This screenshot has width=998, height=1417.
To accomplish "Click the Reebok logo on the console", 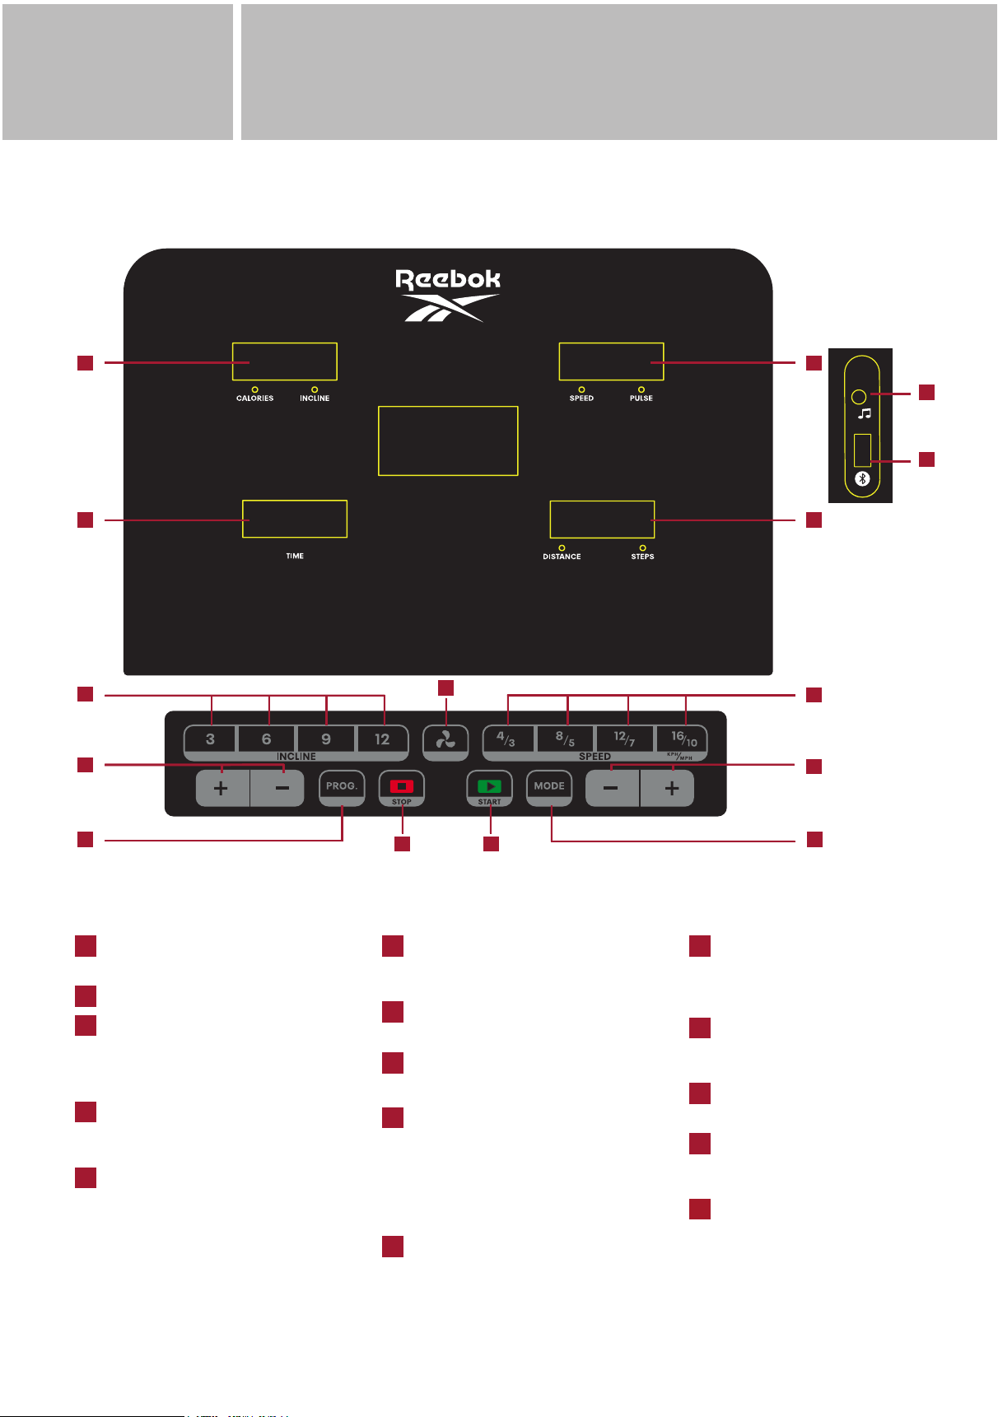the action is (448, 295).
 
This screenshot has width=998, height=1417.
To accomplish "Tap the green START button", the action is (489, 788).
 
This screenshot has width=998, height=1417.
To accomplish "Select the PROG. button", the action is (342, 788).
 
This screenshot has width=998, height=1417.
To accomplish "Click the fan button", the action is (445, 742).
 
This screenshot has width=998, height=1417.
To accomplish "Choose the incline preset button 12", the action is (382, 739).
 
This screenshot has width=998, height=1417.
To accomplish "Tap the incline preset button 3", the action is (210, 739).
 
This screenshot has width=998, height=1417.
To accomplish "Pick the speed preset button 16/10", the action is (683, 739).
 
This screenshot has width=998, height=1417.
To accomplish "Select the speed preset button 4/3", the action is (507, 739).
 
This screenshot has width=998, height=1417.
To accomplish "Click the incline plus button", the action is (222, 789).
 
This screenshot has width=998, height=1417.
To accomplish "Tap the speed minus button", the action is (612, 789).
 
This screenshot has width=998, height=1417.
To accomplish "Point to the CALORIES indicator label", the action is (255, 399).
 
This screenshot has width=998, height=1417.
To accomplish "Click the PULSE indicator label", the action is (641, 399).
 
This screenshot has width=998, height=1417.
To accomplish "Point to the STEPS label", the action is (643, 557).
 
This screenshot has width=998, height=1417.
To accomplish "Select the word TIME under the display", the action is (295, 557).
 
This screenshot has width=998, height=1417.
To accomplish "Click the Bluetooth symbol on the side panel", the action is (862, 479).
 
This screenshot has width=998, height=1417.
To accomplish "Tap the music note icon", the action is (865, 413).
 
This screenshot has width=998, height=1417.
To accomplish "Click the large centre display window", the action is (448, 440).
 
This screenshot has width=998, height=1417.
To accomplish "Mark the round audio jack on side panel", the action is (859, 396).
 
